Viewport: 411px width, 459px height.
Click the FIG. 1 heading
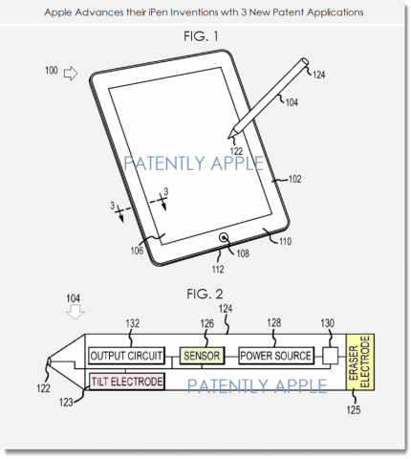coord(201,36)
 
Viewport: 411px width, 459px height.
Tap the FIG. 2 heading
coord(205,294)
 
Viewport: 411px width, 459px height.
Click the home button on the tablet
coord(224,237)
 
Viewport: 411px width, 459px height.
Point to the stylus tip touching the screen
coord(228,138)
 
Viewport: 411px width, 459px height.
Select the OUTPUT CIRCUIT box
coord(126,356)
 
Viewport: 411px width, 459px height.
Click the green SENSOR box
coord(202,356)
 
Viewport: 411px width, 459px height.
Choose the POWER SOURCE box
coord(276,356)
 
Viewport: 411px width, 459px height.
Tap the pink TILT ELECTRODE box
coord(127,382)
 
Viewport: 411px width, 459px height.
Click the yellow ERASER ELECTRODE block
coord(360,362)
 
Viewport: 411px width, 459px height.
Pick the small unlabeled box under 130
coord(330,356)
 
